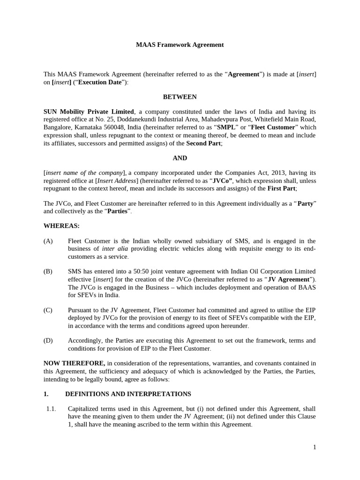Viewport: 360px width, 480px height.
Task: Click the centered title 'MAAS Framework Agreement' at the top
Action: coord(180,45)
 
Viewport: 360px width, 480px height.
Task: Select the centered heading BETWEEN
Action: coord(180,97)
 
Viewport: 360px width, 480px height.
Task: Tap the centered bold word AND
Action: coord(180,158)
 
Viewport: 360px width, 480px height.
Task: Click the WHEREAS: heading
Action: coord(61,226)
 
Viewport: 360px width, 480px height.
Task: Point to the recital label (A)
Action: coord(48,241)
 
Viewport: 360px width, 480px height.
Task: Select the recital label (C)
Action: coord(48,310)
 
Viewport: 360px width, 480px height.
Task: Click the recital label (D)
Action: coord(48,340)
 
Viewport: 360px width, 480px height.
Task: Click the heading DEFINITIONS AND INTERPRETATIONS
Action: coord(128,394)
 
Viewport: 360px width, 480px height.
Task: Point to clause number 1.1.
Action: coord(51,409)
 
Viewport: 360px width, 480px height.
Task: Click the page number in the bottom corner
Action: coord(315,447)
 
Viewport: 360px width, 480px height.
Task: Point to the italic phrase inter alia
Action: coord(115,249)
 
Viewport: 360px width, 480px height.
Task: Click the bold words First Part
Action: coord(281,188)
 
